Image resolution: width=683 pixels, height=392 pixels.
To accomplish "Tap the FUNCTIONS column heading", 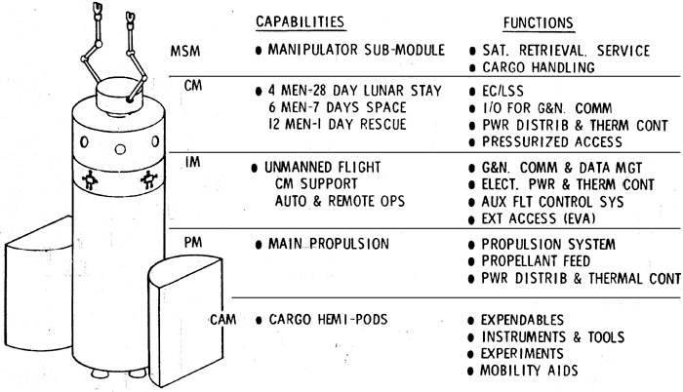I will tap(537, 21).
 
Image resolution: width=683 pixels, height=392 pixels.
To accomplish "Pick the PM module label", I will tap(192, 239).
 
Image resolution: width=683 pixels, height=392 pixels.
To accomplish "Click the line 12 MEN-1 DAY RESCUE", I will tap(333, 124).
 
